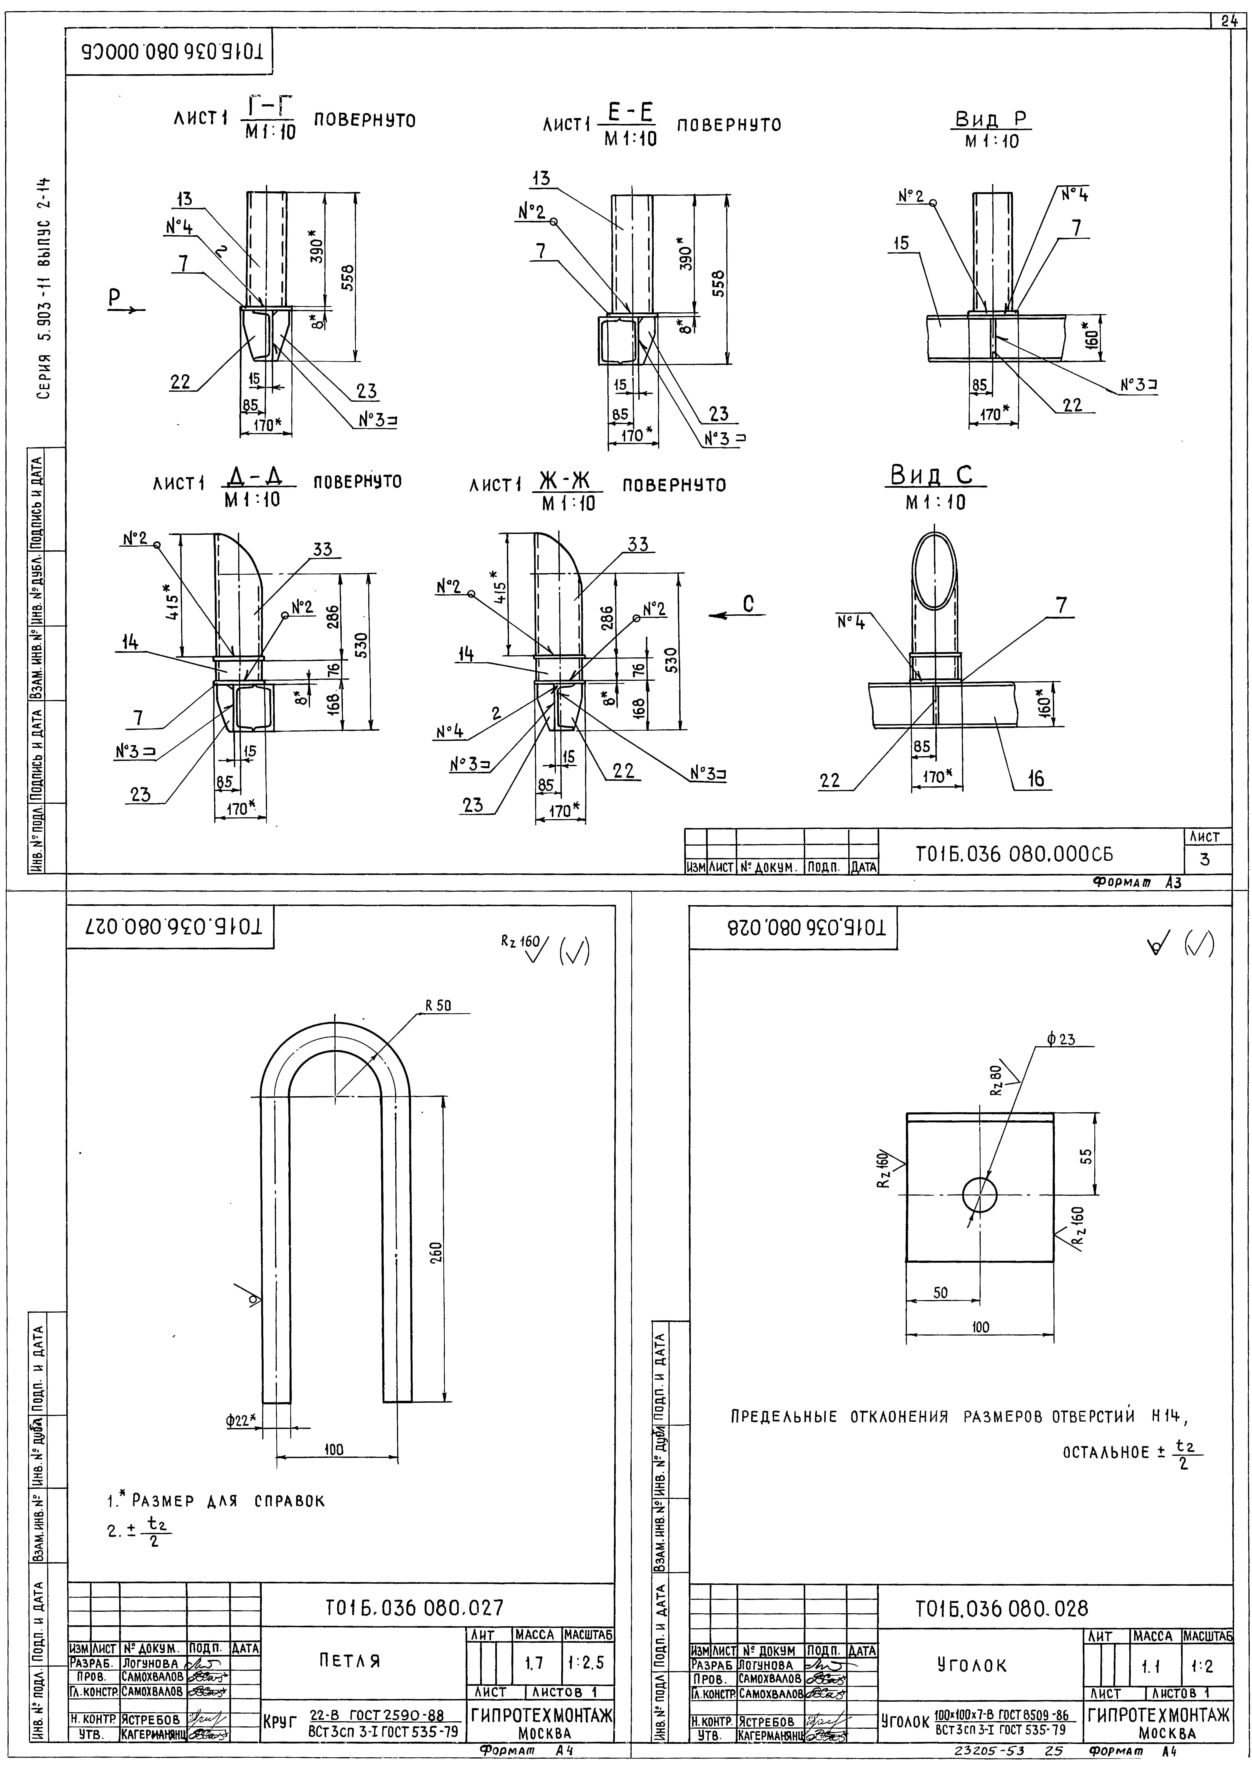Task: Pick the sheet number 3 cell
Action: pos(1204,859)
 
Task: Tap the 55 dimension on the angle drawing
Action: pos(1086,1156)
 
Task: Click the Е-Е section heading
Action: pos(631,114)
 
